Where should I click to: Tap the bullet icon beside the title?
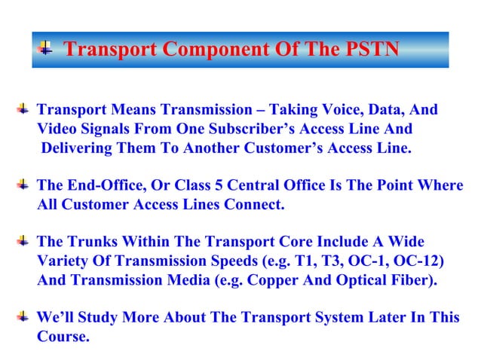pos(46,49)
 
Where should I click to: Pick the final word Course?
pos(63,336)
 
